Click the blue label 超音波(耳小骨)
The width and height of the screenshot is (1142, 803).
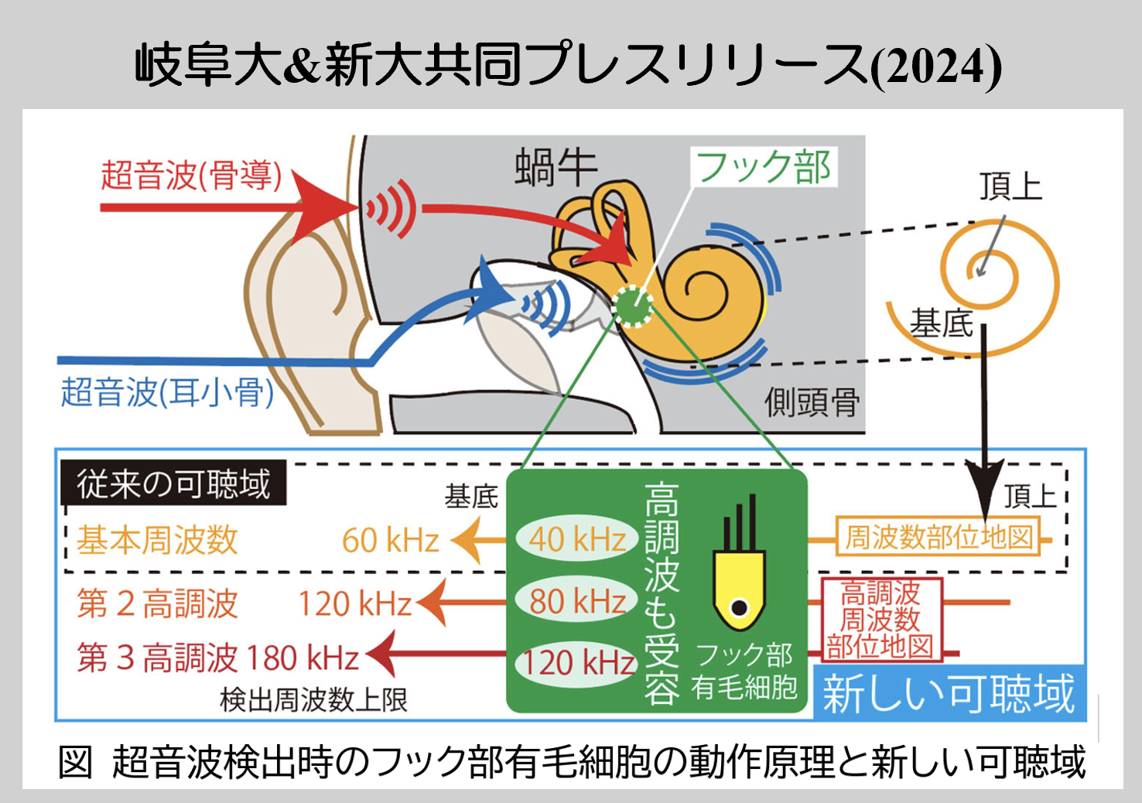(x=167, y=391)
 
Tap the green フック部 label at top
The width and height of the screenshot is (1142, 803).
(x=763, y=167)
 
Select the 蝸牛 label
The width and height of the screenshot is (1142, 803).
(x=556, y=168)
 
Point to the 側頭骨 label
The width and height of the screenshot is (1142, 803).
(x=812, y=402)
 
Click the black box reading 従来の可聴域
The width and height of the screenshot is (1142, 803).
(x=173, y=484)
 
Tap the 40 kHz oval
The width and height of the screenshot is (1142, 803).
(x=577, y=539)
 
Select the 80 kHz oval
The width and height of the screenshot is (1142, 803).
(x=577, y=601)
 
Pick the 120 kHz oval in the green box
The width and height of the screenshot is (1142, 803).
(x=577, y=663)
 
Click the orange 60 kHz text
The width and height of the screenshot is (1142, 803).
(x=391, y=541)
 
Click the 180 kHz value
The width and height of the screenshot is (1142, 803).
(x=303, y=658)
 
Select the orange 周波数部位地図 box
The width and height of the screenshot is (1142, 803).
(x=939, y=537)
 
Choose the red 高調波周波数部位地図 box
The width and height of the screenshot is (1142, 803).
(x=880, y=620)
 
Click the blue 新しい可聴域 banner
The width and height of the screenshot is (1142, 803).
(x=949, y=693)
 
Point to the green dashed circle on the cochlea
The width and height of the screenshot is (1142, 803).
(x=632, y=306)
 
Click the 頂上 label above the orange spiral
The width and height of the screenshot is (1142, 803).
(x=1010, y=186)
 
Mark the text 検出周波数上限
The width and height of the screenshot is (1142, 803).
(x=313, y=700)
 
